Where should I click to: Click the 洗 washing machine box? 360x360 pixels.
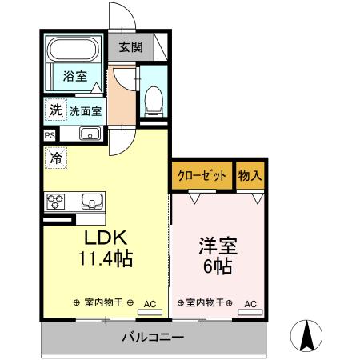54,110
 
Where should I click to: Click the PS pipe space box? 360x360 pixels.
50,135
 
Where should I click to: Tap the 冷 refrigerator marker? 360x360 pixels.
56,158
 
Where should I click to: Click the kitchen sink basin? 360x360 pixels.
88,200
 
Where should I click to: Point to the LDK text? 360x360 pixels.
104,238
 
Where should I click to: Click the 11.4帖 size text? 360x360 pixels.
104,259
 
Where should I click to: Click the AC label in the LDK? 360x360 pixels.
150,303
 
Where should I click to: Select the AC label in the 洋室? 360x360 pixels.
250,303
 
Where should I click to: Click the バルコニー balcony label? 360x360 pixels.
152,337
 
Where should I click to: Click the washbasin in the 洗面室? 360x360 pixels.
90,134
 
